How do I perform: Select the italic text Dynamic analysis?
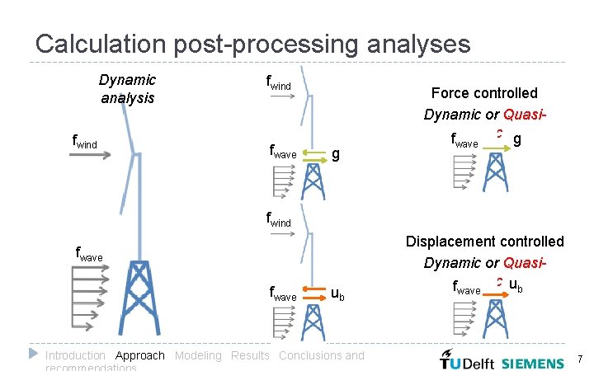pos(127,88)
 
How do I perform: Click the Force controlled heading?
pos(484,93)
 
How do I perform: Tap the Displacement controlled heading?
pos(484,242)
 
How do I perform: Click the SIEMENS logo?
pos(534,362)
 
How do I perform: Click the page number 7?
pos(581,359)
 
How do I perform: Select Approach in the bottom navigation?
pos(140,355)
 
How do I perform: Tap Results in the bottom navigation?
pos(250,355)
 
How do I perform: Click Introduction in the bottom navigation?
pos(75,355)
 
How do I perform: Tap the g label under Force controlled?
pos(516,140)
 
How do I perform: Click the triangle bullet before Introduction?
pos(34,354)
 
